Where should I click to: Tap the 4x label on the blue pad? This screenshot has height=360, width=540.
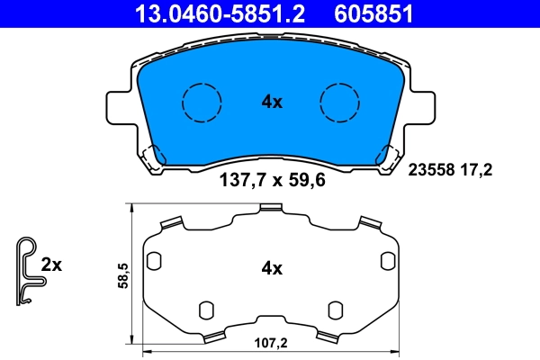[x=272, y=103]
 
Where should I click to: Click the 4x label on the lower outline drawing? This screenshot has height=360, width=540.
[x=272, y=268]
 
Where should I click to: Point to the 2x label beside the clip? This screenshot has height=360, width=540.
[x=52, y=265]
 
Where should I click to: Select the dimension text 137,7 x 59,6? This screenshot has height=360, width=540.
[x=272, y=180]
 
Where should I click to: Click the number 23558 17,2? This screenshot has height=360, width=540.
[x=452, y=168]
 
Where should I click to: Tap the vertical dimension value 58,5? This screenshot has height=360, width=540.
[x=122, y=274]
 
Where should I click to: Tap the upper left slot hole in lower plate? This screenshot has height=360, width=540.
[x=153, y=260]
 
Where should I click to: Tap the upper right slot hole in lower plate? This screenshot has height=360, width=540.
[x=389, y=260]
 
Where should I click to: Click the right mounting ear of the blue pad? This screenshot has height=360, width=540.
[x=423, y=108]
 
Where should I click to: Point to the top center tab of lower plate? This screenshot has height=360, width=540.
[x=271, y=210]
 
